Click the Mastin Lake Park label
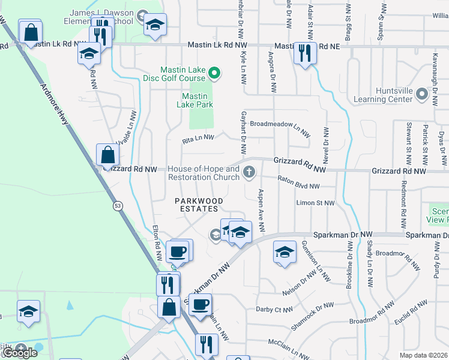[x=195, y=100]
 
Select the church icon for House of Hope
[x=250, y=173]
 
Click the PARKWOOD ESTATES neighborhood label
[x=199, y=205]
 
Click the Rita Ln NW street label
[x=198, y=138]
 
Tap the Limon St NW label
[x=315, y=203]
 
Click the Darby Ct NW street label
[x=274, y=310]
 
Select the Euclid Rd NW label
[x=407, y=316]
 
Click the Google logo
[x=19, y=352]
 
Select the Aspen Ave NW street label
[x=261, y=212]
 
